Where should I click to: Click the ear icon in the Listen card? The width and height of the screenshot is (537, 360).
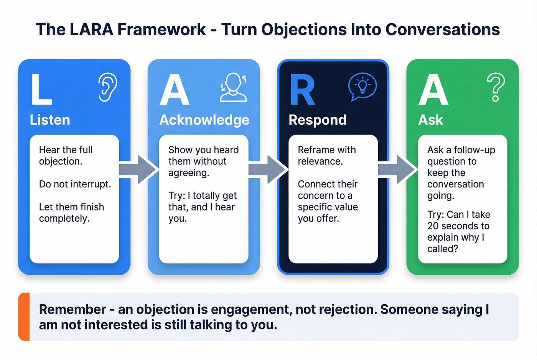point(108,87)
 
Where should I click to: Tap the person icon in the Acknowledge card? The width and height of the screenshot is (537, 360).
point(233,87)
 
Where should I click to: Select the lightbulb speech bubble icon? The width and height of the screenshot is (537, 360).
point(362,87)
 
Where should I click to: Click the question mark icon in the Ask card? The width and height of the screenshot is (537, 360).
point(496,87)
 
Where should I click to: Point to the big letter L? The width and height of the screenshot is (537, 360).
point(41,90)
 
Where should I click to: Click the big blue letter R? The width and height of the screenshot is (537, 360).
point(302,90)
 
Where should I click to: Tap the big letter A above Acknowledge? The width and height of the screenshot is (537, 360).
point(175,90)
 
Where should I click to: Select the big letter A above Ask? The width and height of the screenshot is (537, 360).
point(433,90)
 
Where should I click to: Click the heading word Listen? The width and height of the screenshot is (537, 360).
point(50,120)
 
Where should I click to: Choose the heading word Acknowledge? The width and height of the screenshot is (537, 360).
point(204,120)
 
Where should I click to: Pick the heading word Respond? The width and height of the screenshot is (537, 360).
point(317,120)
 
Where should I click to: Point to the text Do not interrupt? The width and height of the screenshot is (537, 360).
point(75,184)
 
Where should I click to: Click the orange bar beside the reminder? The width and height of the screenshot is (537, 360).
point(24,317)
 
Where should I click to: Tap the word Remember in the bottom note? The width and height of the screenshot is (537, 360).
point(72,309)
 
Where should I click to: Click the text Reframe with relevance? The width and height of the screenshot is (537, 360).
point(326,155)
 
